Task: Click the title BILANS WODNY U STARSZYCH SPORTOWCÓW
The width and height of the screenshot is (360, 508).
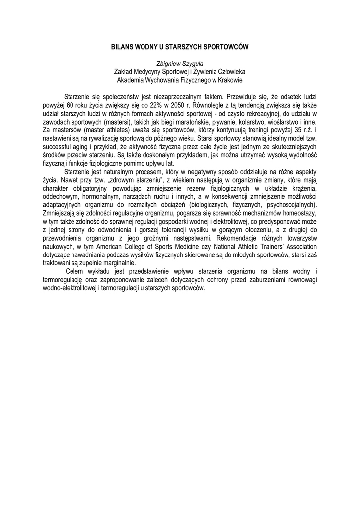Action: pyautogui.click(x=180, y=47)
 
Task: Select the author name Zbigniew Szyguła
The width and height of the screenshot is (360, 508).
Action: pyautogui.click(x=180, y=63)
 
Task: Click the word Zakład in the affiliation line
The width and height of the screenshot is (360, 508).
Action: pyautogui.click(x=125, y=71)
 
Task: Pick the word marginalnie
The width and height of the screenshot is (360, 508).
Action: pyautogui.click(x=115, y=263)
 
